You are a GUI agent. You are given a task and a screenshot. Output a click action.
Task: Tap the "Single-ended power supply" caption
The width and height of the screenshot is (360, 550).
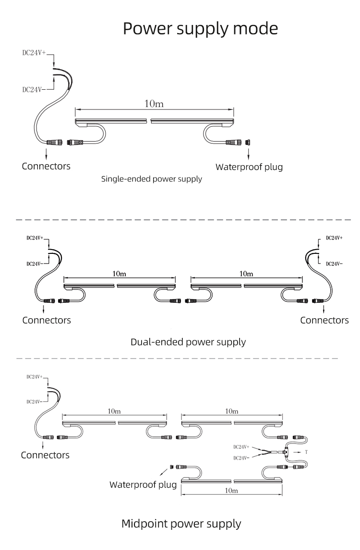pos(152,179)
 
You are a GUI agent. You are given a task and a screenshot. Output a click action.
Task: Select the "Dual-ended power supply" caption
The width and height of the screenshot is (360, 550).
pos(188,342)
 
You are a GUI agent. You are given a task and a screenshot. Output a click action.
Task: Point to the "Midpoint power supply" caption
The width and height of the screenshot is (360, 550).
pos(181,524)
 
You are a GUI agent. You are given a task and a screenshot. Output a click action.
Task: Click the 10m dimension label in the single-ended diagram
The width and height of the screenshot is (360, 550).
pos(154,104)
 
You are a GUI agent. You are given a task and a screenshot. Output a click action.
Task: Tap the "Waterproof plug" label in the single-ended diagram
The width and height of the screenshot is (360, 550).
pos(249,167)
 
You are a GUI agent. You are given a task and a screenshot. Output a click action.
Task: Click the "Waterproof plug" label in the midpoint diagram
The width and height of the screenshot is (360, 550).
pos(143,485)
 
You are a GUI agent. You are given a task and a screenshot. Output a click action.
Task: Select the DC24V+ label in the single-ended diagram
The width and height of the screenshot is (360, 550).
pos(34,53)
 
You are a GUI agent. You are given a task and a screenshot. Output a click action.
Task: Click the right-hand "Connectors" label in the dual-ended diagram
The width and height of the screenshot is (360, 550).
pos(324,320)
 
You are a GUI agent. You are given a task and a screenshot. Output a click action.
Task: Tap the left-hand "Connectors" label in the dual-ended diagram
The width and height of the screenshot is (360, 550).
pos(46,320)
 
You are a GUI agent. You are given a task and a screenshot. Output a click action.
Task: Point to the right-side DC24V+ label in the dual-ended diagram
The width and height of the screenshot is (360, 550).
pos(335,238)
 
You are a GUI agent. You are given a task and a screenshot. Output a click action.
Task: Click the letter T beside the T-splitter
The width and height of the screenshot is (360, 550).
pos(306,452)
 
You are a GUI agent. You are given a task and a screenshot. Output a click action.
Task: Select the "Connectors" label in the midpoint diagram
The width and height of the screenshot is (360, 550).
pos(45,455)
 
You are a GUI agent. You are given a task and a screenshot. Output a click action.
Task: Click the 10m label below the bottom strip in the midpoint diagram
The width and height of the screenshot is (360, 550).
pos(231,490)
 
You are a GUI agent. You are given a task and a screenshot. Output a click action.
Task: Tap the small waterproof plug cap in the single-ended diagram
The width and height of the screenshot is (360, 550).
pos(248,143)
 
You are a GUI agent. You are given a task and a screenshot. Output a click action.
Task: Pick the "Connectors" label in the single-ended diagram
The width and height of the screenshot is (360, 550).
pos(46,166)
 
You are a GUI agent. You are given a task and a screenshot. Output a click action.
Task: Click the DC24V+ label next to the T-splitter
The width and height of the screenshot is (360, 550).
pos(241,447)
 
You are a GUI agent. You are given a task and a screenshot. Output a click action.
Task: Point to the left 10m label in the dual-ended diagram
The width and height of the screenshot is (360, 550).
pos(120,274)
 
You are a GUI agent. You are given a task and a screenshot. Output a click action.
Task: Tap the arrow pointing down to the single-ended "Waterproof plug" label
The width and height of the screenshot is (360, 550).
pos(249,154)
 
